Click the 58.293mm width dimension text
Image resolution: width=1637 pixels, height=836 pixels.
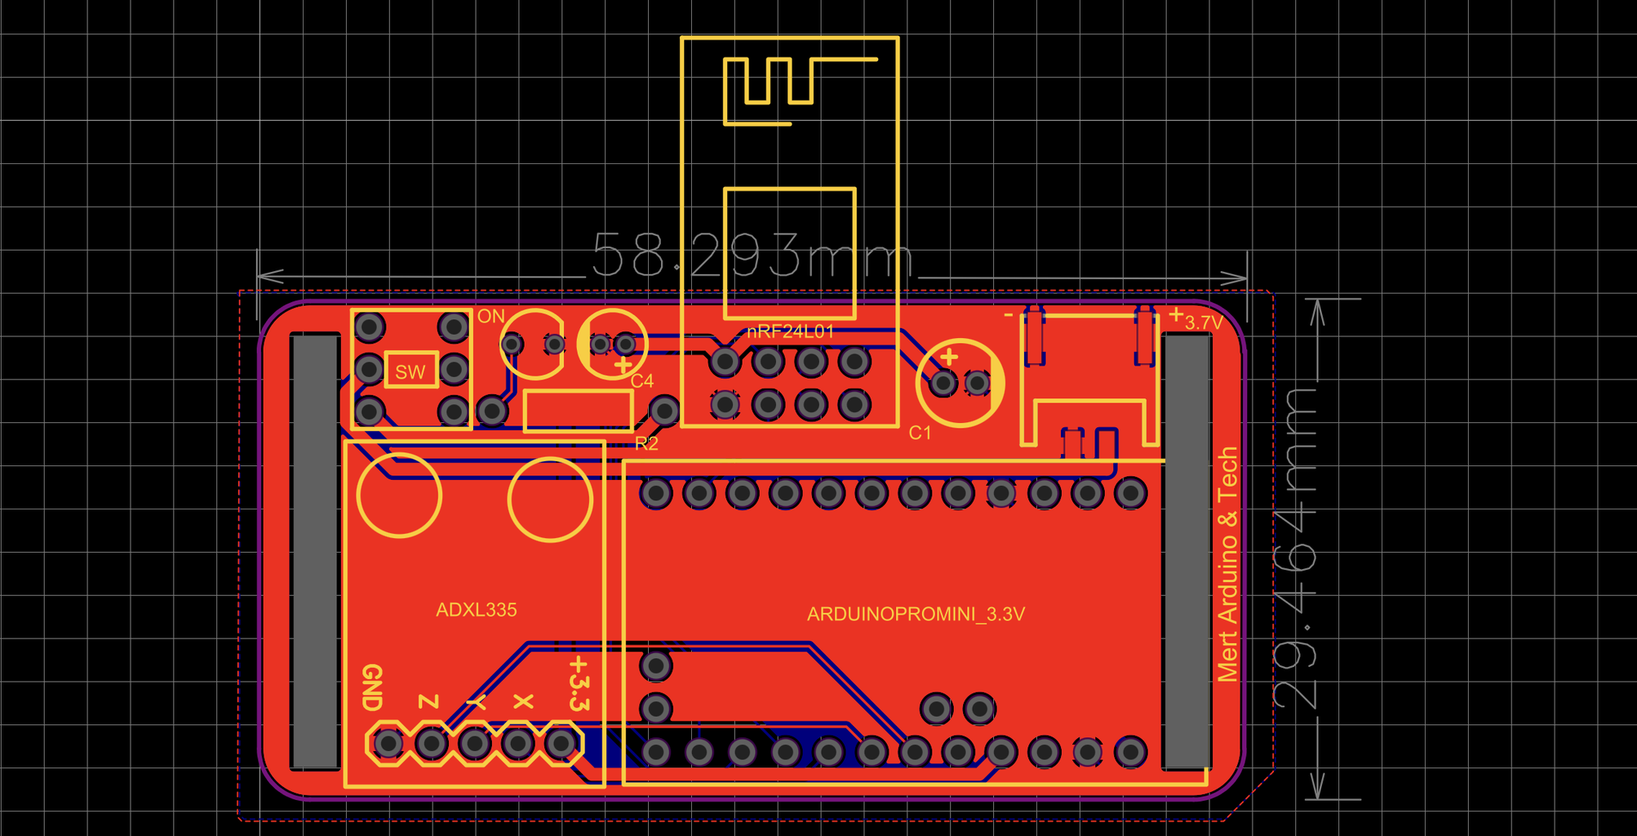pos(751,256)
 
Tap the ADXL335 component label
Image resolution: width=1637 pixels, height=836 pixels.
pos(476,610)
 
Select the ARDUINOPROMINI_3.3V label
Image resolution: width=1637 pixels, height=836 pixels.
pos(916,614)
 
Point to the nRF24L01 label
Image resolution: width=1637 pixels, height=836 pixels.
pos(790,331)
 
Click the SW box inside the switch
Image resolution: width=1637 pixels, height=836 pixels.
pos(410,371)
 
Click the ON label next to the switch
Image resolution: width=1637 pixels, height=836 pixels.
pos(491,316)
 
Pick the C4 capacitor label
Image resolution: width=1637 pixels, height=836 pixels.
pos(642,380)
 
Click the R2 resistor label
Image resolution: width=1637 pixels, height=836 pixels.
pos(646,443)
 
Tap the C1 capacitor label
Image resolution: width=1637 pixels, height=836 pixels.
pos(920,433)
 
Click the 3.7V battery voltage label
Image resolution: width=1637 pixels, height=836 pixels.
pos(1203,322)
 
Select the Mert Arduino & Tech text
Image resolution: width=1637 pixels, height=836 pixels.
pos(1227,563)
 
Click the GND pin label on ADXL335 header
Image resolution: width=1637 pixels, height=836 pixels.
pos(372,687)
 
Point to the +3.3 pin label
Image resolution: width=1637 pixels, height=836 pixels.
pos(579,683)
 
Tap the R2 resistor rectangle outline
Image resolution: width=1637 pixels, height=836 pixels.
pos(578,410)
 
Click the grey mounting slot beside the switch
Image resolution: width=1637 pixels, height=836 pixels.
pos(315,551)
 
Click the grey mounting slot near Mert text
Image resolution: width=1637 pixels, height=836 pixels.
pos(1186,551)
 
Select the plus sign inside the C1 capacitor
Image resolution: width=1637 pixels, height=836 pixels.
pos(948,357)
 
